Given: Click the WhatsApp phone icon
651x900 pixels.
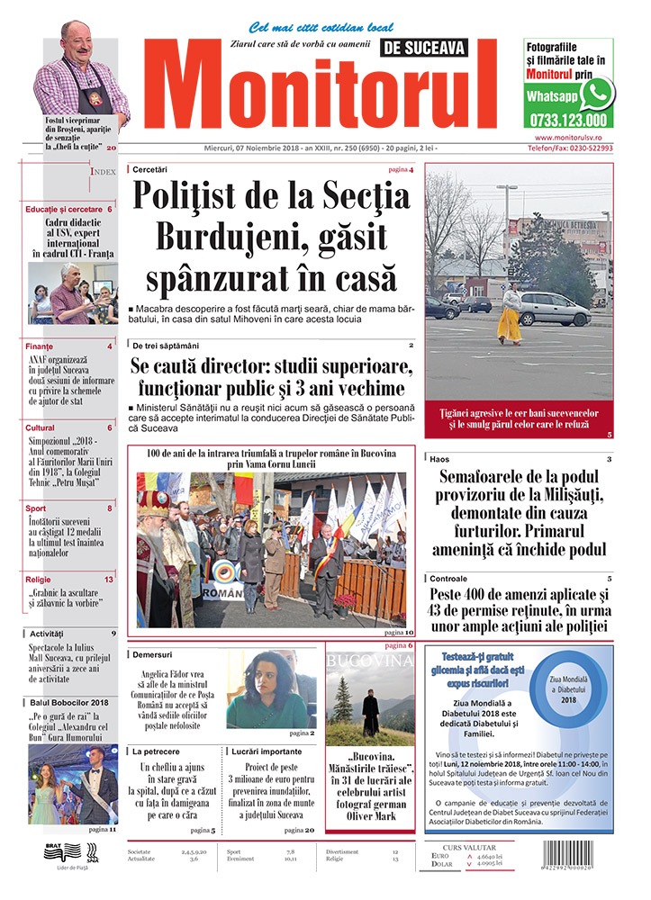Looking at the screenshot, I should [597, 93].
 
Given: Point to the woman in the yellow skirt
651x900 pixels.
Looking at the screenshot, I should [510, 315].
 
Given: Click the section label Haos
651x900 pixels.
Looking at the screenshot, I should [439, 459].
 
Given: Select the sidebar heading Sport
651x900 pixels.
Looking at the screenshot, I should [37, 508].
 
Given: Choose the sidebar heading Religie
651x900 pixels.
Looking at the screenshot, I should [39, 580].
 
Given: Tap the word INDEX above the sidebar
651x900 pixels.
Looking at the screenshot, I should [102, 171].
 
